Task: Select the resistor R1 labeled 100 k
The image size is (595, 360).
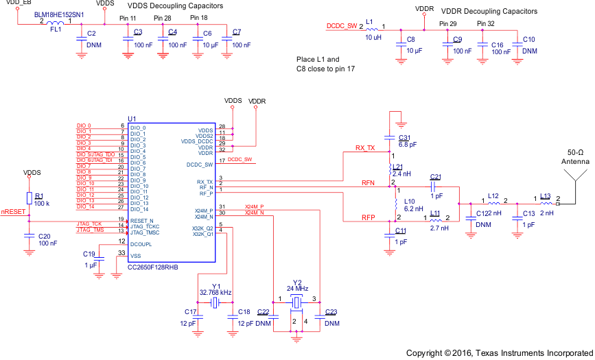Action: pos(29,198)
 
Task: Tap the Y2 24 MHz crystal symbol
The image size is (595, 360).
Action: pos(296,302)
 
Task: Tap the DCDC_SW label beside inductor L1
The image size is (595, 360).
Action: pos(341,26)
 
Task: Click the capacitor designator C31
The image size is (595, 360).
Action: pos(404,137)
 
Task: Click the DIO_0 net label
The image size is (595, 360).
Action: pos(84,125)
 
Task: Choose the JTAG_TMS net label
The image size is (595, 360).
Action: pos(90,230)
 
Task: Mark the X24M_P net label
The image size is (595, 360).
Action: pos(254,206)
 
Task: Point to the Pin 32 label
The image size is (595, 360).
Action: pos(485,24)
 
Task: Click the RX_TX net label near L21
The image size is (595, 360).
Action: pos(365,148)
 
